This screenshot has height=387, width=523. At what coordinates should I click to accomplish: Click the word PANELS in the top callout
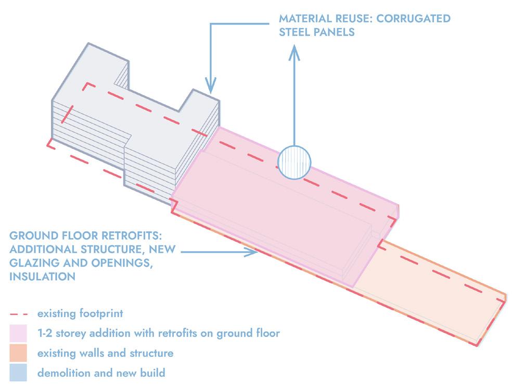[x=336, y=32]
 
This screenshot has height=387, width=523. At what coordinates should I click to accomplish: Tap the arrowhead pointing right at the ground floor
[x=253, y=253]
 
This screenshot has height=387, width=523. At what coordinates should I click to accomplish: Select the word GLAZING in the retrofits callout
[x=34, y=264]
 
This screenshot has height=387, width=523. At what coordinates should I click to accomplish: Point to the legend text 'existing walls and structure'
[x=105, y=353]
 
